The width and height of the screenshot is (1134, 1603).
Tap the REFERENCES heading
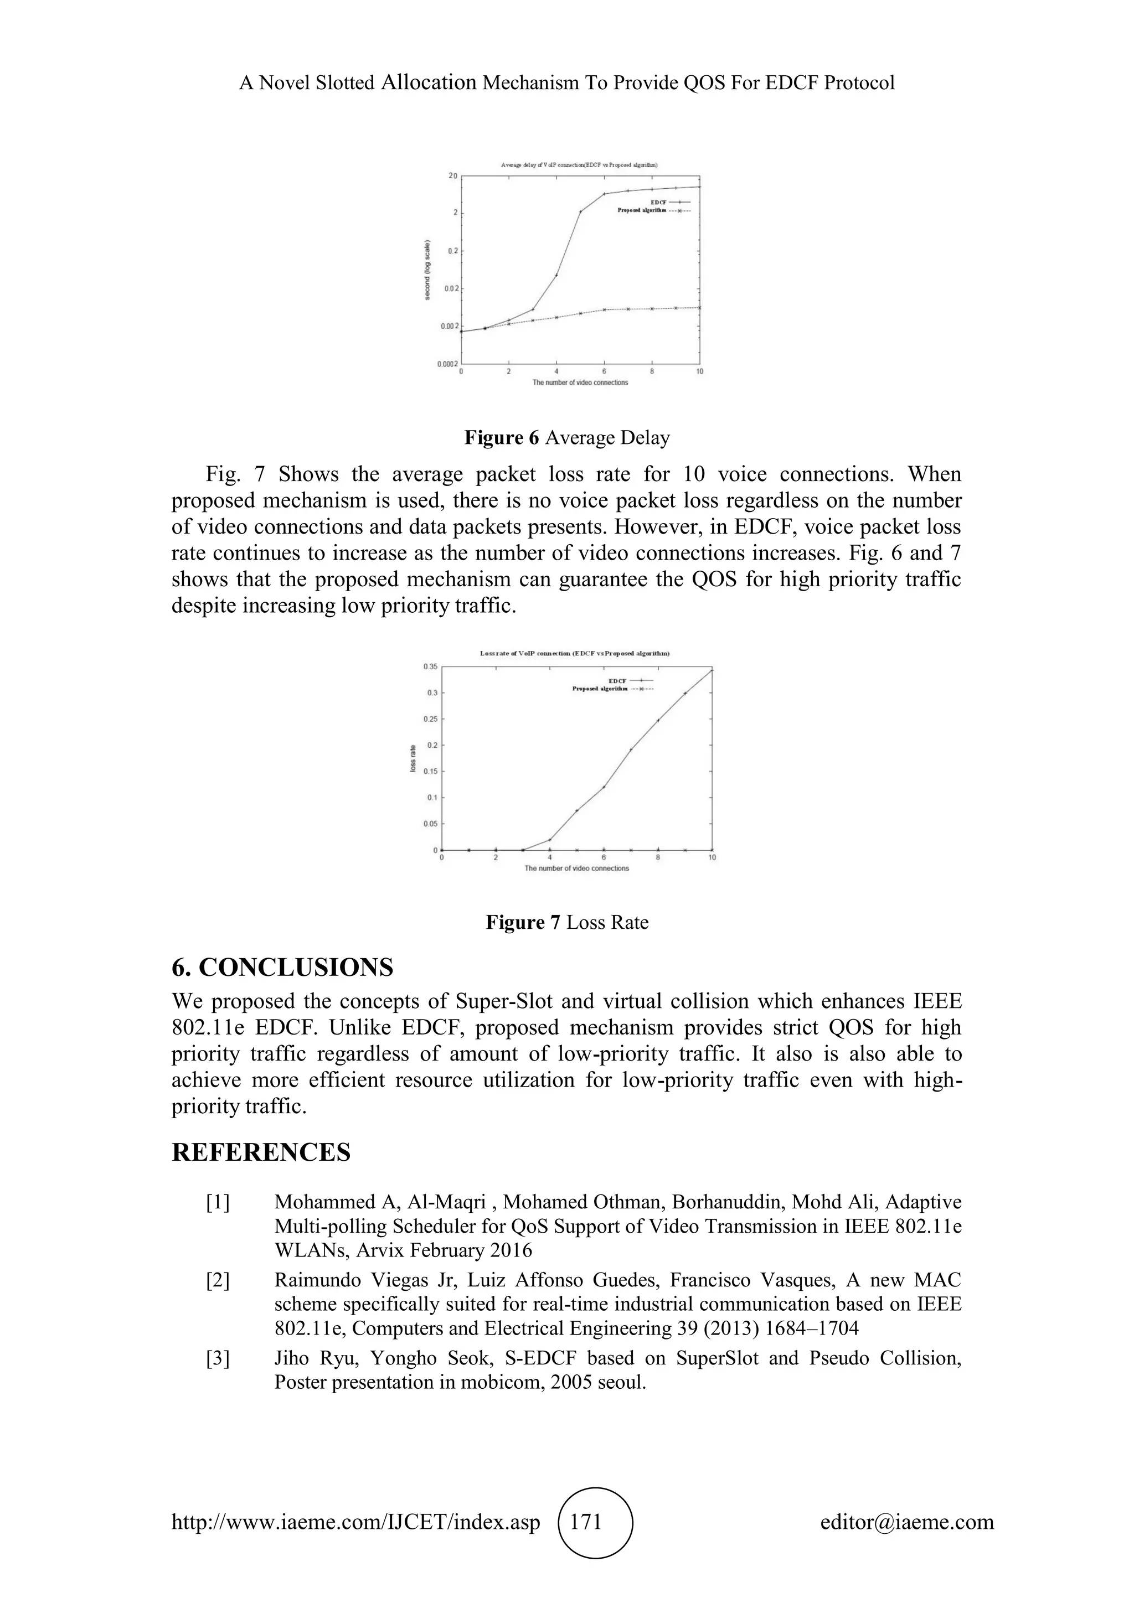pos(261,1152)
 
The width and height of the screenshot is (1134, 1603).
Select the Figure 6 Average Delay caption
pos(567,438)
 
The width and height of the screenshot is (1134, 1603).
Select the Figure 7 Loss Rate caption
pos(567,922)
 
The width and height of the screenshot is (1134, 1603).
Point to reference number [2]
pos(217,1280)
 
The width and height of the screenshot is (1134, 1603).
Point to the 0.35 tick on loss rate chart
pos(430,667)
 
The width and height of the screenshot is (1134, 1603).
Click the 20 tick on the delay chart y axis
pos(453,176)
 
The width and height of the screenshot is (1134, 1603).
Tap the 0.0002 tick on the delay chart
pos(447,364)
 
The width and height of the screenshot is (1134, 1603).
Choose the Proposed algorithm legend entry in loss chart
pos(612,689)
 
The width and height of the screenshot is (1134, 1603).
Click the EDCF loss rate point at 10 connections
pos(712,670)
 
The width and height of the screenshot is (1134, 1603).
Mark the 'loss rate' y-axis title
pos(414,758)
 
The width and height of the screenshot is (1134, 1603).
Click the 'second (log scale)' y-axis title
pos(427,270)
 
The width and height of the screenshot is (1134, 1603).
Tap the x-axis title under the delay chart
pos(580,382)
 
